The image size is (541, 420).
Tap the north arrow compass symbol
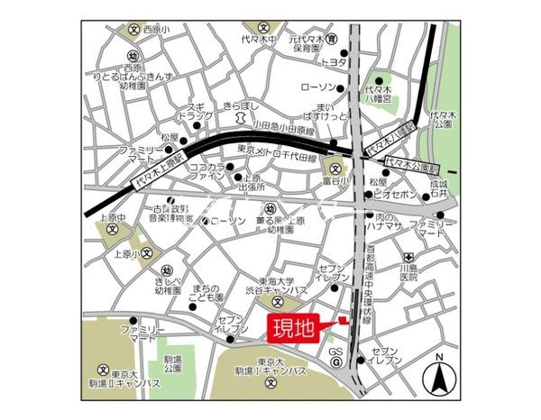(x=439, y=377)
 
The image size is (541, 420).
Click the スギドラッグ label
(x=195, y=111)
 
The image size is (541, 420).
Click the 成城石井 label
(x=439, y=187)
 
